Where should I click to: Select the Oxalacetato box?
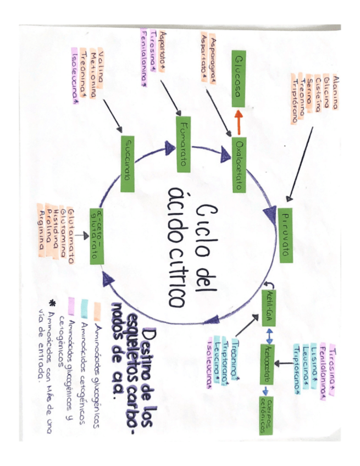pos(238,164)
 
